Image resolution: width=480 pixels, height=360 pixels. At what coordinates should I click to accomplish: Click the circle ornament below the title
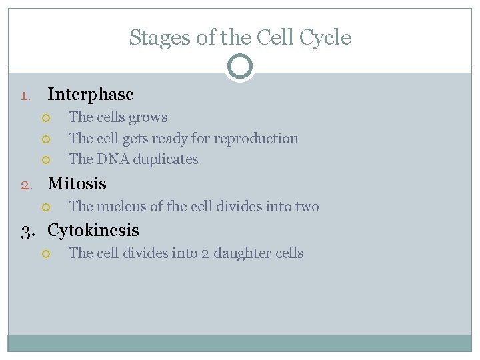click(240, 67)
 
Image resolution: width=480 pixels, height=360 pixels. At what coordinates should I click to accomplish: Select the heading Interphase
click(91, 95)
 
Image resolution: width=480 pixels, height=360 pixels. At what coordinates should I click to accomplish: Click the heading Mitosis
click(77, 183)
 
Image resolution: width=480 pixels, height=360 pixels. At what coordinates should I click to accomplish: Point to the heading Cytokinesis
click(93, 231)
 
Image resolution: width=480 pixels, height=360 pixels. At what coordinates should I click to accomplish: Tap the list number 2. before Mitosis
click(25, 185)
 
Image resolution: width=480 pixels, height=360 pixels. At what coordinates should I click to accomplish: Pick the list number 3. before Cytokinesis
click(28, 231)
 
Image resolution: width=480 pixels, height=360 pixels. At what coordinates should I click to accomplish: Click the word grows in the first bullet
click(149, 118)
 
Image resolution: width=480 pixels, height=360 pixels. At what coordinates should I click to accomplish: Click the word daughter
click(247, 253)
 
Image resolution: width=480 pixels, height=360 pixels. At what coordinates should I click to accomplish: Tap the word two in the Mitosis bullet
click(307, 207)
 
